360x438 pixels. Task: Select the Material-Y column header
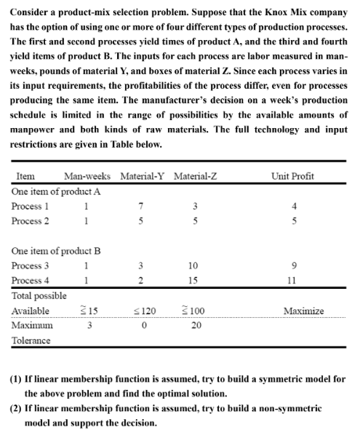pos(142,177)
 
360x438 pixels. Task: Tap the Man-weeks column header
pos(87,177)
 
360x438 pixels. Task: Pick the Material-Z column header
pos(196,177)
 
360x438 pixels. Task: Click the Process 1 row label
pos(31,206)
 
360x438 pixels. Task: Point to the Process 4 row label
pos(31,281)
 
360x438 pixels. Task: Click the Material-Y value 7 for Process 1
pos(138,206)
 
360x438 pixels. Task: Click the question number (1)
pos(16,379)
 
